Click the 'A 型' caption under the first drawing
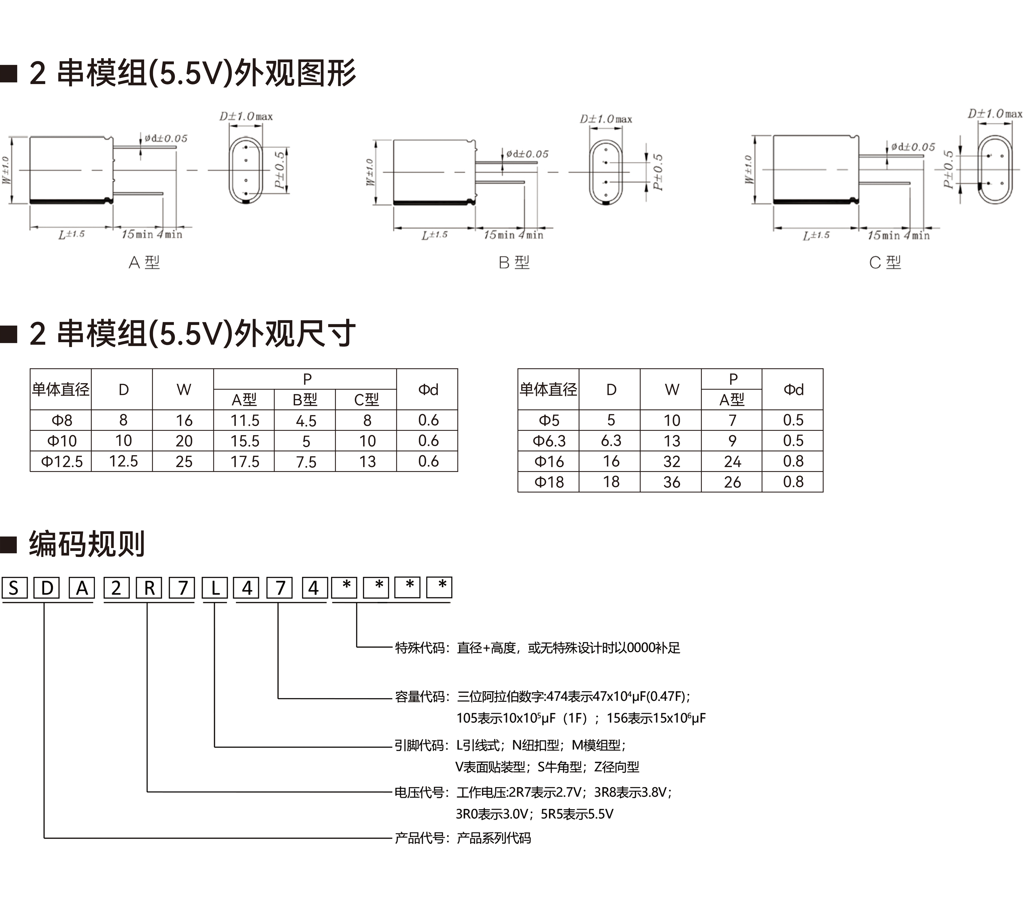tap(144, 262)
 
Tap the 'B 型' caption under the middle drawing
tap(514, 262)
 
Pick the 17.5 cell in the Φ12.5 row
tap(244, 462)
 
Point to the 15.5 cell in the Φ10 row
tap(244, 441)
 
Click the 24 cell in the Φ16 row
tap(732, 462)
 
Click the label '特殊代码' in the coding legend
tap(420, 648)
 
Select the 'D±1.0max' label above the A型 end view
tap(246, 116)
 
